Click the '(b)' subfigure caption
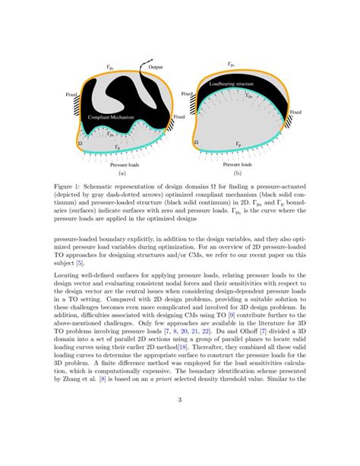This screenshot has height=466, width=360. [x=236, y=173]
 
